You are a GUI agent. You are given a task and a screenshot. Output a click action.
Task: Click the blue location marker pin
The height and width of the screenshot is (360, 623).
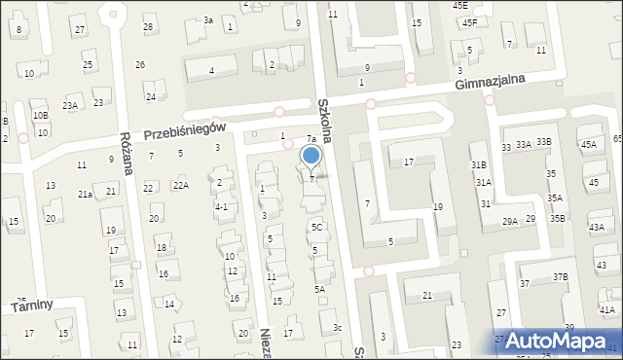[x=311, y=156]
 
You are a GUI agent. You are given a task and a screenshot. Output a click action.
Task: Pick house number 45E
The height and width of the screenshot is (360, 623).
[x=459, y=5]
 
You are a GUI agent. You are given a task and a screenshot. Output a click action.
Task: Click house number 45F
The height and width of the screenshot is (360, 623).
[x=470, y=22]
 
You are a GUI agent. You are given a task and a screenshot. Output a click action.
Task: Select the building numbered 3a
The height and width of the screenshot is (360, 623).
[x=207, y=19]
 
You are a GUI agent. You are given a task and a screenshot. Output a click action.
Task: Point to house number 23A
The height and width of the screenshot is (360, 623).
[x=70, y=105]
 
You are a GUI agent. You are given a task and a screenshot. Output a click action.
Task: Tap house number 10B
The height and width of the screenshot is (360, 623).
[x=40, y=115]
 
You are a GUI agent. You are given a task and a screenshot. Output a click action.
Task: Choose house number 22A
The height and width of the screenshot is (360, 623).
[x=180, y=185]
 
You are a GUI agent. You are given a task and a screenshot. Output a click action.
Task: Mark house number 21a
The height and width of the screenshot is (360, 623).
[x=86, y=195]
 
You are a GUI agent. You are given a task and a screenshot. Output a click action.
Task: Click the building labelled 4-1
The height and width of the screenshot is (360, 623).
[x=221, y=206]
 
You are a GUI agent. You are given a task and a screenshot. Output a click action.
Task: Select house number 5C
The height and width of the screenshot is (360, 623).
[x=316, y=226]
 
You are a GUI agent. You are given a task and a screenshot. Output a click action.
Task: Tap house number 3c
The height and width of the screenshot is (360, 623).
[x=337, y=327]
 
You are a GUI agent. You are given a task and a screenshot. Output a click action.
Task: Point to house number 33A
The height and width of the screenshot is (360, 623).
[x=524, y=144]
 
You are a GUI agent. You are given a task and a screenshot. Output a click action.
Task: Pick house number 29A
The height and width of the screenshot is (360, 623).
[x=509, y=222]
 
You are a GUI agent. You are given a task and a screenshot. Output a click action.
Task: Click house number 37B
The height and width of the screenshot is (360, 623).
[x=561, y=277]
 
